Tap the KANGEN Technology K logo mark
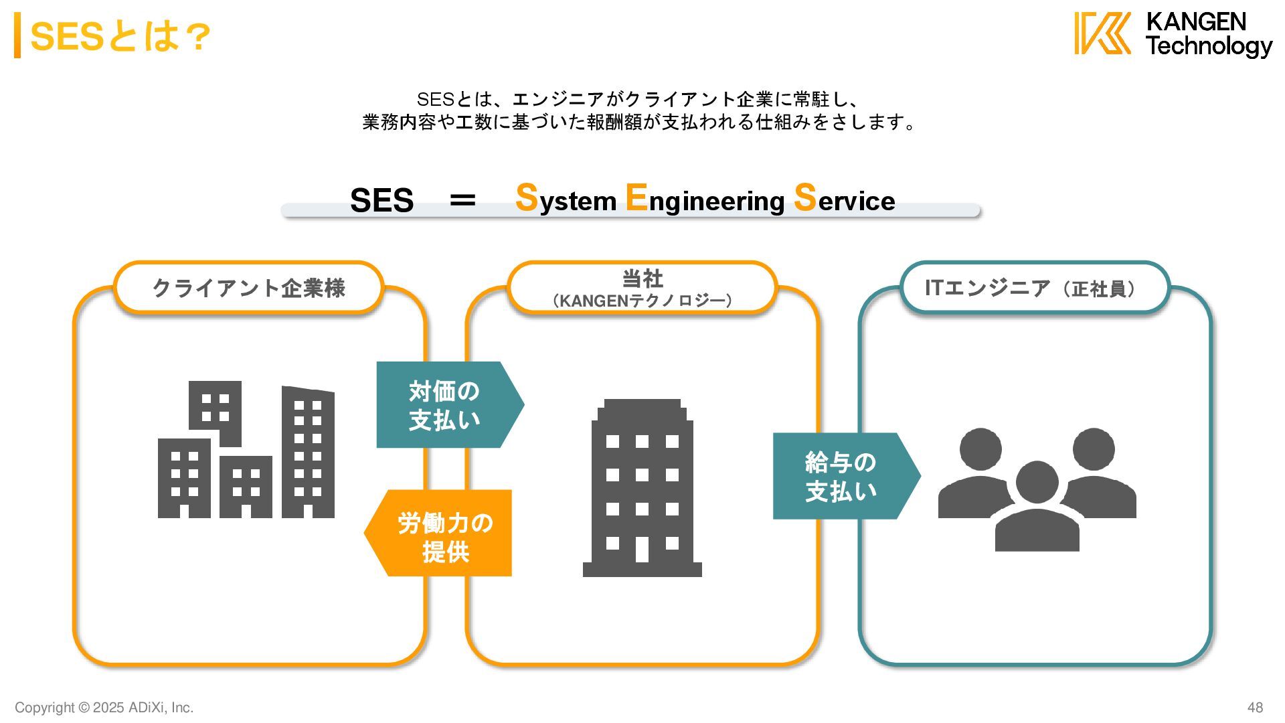coord(1102,33)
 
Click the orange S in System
coord(527,197)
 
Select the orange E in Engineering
coord(636,197)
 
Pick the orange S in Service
coord(805,197)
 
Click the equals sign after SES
coord(462,199)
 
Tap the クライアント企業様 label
coord(249,288)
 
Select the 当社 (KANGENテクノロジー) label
coord(642,288)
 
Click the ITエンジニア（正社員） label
coord(1034,288)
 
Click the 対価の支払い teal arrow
coord(446,405)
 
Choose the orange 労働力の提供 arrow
coord(442,534)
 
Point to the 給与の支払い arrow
coord(843,476)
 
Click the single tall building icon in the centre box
coord(642,489)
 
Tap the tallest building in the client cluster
coord(308,453)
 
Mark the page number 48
coord(1255,708)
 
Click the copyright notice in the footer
coord(104,708)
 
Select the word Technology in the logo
coord(1209,46)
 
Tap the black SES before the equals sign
coord(381,200)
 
